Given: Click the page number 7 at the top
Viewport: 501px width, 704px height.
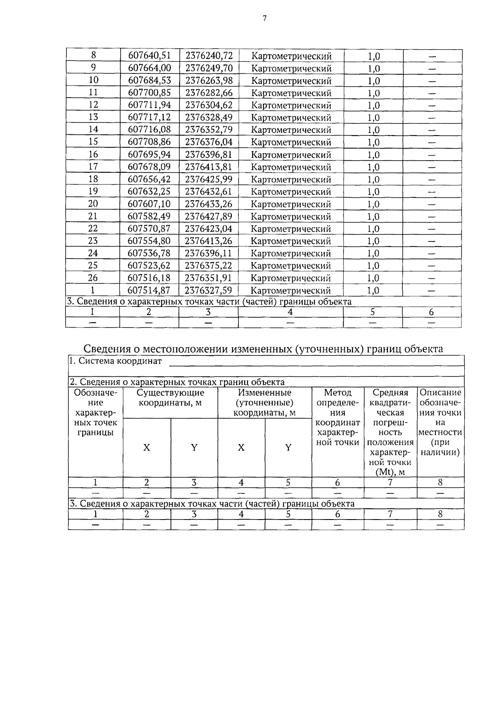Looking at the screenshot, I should (x=264, y=18).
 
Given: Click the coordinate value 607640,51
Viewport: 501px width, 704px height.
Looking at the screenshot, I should (x=149, y=56).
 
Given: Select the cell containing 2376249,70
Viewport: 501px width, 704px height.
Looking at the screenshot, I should (x=209, y=68).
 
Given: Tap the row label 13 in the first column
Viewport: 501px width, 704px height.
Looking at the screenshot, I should (x=93, y=117).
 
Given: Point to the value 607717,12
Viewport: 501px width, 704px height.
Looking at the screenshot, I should (x=149, y=117).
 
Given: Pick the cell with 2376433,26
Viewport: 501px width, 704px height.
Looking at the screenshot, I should (x=209, y=204).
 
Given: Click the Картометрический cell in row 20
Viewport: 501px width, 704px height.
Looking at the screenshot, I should (x=291, y=204).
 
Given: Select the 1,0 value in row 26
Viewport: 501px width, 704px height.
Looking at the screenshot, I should (x=373, y=278).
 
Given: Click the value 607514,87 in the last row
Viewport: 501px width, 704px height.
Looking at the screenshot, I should (x=149, y=290).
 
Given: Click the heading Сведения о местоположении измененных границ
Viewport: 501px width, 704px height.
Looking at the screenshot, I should (x=263, y=349).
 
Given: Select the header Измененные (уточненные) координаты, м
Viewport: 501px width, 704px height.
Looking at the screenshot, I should (x=265, y=403).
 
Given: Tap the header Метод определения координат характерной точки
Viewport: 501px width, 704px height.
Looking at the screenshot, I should (x=338, y=418).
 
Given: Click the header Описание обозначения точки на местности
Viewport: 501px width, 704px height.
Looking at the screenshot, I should (x=440, y=423).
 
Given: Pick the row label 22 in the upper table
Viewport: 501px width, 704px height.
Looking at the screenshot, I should (x=93, y=229).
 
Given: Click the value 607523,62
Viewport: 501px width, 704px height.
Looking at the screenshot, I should (x=149, y=266).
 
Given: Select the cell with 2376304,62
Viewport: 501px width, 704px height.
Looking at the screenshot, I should (x=209, y=105).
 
